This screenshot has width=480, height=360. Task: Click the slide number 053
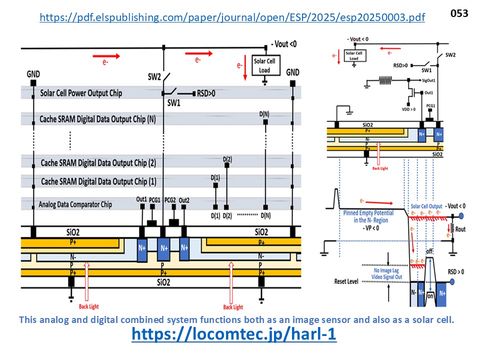[x=459, y=13]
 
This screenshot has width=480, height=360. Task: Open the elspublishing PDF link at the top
[x=232, y=17]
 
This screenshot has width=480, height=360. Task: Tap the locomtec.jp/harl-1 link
[x=234, y=334]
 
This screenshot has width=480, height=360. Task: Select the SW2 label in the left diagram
[x=154, y=77]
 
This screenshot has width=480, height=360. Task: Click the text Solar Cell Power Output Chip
[x=81, y=93]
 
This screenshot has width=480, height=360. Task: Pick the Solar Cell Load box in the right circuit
[x=354, y=55]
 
